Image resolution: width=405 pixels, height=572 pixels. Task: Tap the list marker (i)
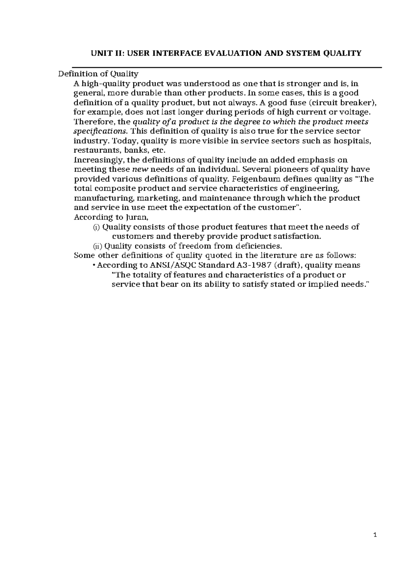97,227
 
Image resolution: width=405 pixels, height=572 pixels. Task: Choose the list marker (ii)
98,246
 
